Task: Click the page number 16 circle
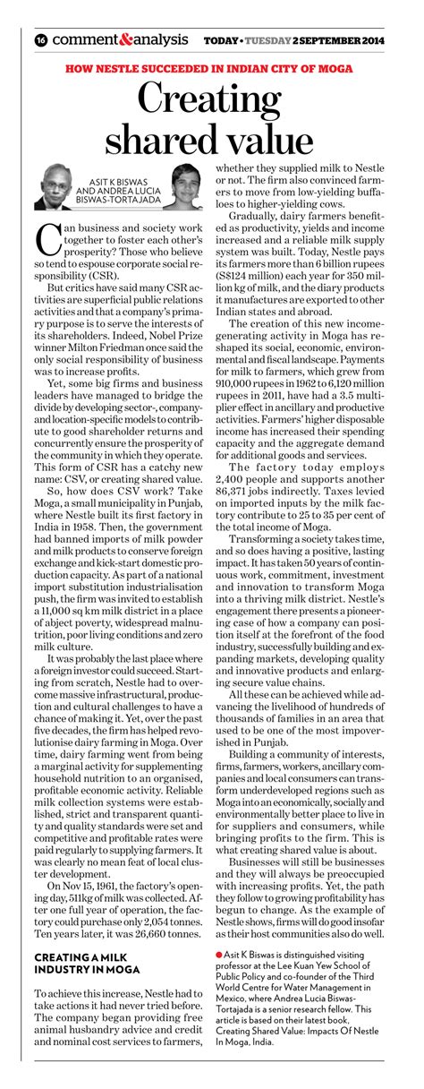tap(41, 40)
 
